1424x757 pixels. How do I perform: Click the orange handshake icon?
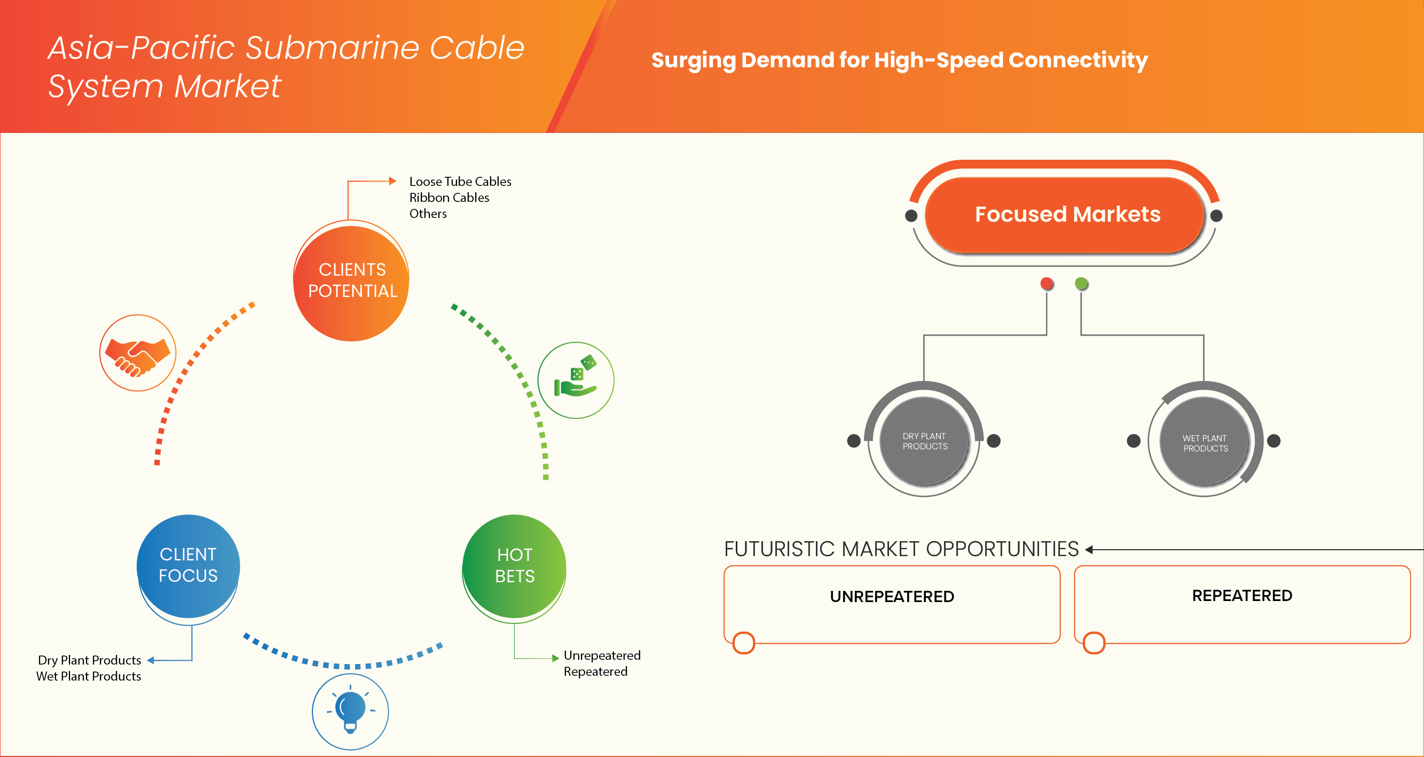pyautogui.click(x=138, y=353)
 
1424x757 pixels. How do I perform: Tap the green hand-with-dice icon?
pyautogui.click(x=576, y=380)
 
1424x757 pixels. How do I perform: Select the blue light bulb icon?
pyautogui.click(x=350, y=711)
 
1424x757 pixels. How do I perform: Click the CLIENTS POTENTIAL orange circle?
pyautogui.click(x=351, y=282)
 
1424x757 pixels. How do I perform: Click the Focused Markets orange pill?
pyautogui.click(x=1066, y=215)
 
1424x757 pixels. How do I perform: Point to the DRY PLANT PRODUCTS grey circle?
pyautogui.click(x=924, y=441)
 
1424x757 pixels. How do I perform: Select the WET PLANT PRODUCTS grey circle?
pyautogui.click(x=1205, y=442)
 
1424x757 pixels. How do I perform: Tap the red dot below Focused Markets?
pyautogui.click(x=1047, y=284)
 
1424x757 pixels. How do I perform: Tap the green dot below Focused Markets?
pyautogui.click(x=1081, y=284)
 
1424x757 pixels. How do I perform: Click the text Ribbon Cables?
pyautogui.click(x=449, y=198)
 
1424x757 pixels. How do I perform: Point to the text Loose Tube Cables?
pyautogui.click(x=460, y=182)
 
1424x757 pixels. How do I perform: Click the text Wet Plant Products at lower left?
pyautogui.click(x=89, y=676)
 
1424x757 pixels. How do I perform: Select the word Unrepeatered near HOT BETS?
pyautogui.click(x=602, y=655)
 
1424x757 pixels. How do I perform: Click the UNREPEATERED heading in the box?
pyautogui.click(x=892, y=597)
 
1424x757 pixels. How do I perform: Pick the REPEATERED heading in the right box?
pyautogui.click(x=1241, y=596)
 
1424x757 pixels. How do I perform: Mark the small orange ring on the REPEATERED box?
pyautogui.click(x=1094, y=643)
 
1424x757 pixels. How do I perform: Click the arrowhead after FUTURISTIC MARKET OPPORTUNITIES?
pyautogui.click(x=1089, y=550)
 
